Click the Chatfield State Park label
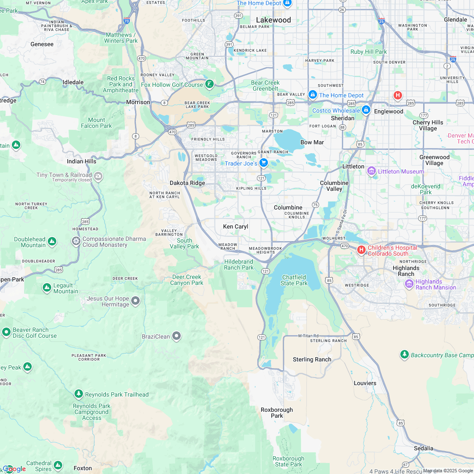294,280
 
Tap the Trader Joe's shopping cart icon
264,163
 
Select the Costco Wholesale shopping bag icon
366,110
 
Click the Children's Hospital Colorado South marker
361,250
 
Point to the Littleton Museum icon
372,171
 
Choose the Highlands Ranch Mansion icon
409,284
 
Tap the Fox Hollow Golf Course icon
209,84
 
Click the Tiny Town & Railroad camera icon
98,176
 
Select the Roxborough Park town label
276,413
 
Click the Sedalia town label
424,448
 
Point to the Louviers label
365,383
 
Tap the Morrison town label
138,102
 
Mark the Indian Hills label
82,161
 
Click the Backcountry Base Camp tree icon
405,354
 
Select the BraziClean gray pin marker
176,336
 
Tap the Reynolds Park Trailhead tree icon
78,394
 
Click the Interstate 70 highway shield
127,20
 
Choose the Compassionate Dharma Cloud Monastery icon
76,241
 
